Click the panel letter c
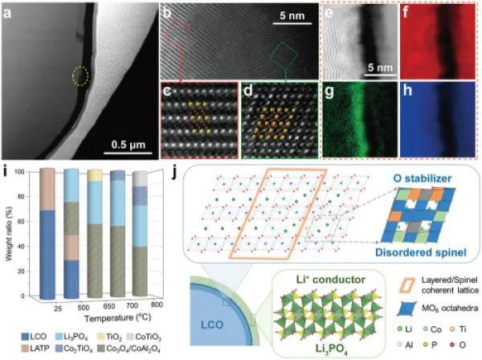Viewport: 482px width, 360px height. (167, 88)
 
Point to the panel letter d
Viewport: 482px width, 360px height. (244, 88)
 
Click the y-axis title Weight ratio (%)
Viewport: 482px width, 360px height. (8, 233)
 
